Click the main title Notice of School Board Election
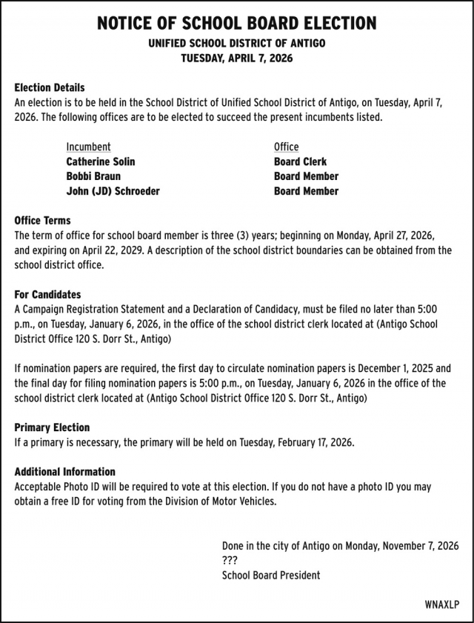click(237, 23)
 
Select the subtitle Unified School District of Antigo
click(237, 44)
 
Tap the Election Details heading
click(50, 87)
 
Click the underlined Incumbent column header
click(88, 147)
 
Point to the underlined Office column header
click(286, 147)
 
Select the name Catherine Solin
click(101, 161)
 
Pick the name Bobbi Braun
click(93, 176)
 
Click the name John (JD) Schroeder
click(113, 191)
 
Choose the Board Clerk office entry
click(300, 161)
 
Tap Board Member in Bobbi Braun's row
click(306, 176)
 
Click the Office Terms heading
click(43, 221)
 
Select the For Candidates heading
click(47, 295)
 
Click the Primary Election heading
click(52, 427)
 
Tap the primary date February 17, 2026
click(316, 442)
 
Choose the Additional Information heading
click(65, 472)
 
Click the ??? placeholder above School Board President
click(230, 561)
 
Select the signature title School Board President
click(271, 576)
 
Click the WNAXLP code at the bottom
click(442, 604)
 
